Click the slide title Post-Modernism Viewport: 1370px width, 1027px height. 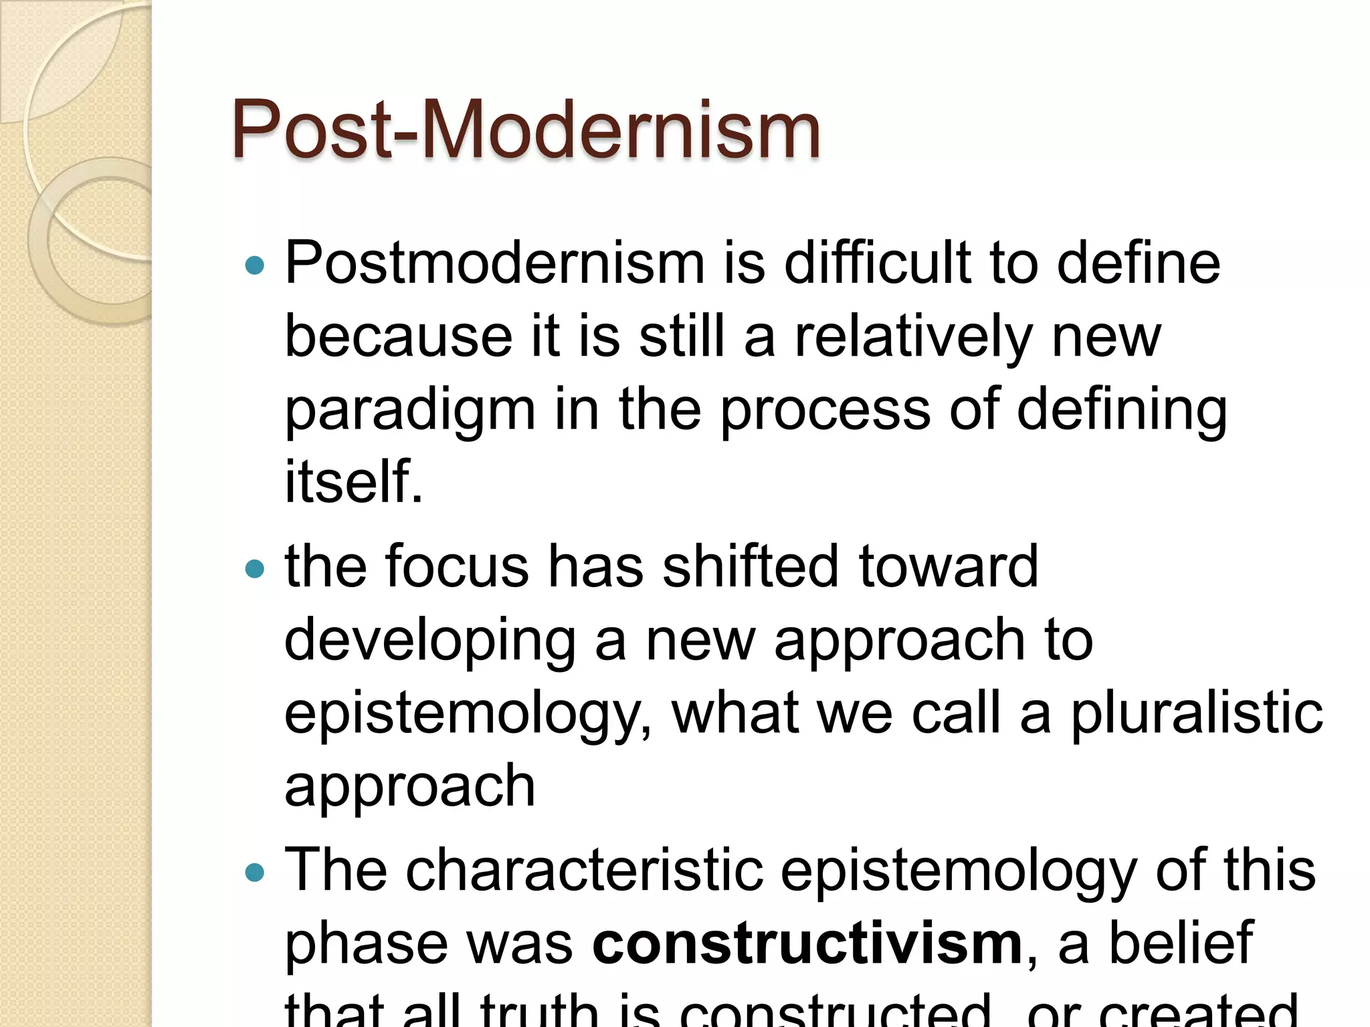point(526,129)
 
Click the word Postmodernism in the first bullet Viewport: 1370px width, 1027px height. point(495,263)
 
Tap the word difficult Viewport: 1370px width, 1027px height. point(876,263)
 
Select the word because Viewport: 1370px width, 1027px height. point(398,336)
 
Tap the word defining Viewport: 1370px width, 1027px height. point(1122,409)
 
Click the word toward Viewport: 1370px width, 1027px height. point(948,566)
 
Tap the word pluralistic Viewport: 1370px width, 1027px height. point(1197,714)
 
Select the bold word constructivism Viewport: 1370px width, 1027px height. point(807,943)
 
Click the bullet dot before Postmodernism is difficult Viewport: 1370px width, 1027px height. point(255,266)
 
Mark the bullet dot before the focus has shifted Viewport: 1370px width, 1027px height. point(255,570)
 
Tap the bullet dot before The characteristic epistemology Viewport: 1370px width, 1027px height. point(255,873)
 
